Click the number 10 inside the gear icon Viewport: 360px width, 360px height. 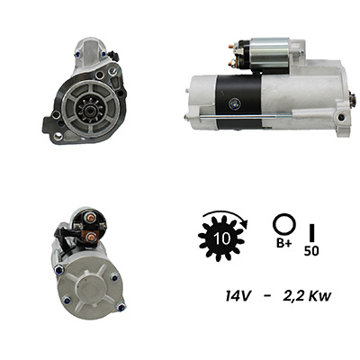click(222, 238)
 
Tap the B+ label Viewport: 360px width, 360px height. click(283, 243)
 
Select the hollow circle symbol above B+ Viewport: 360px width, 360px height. click(283, 225)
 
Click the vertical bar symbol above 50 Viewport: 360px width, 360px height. click(312, 232)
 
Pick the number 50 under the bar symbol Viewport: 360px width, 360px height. click(311, 251)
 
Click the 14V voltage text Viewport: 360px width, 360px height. click(238, 296)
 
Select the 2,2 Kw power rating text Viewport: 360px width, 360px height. click(307, 296)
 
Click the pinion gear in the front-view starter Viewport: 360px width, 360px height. click(89, 111)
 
